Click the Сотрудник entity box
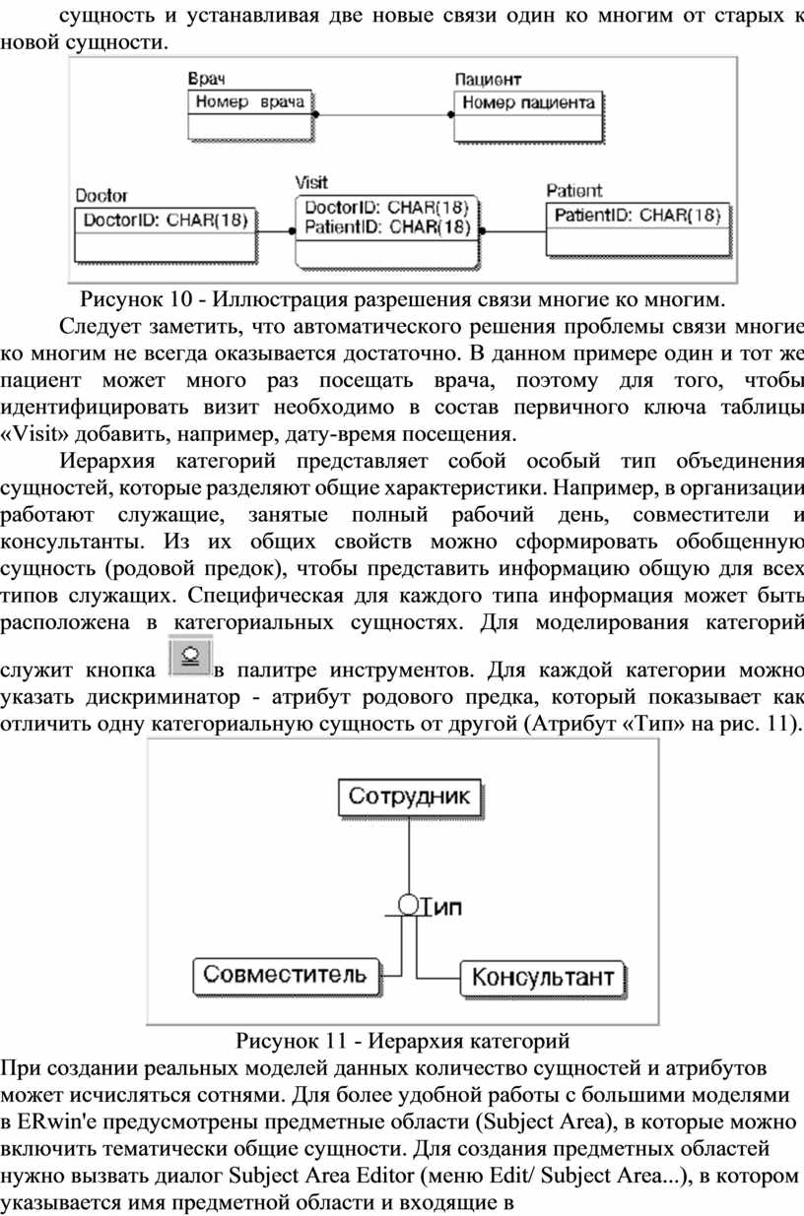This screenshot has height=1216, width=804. click(x=410, y=798)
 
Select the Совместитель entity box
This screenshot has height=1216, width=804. click(x=287, y=977)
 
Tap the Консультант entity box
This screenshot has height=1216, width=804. click(x=543, y=979)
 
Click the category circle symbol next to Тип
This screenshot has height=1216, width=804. click(x=408, y=905)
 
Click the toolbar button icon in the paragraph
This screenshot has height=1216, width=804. click(x=190, y=658)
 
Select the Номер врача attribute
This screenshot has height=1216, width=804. click(x=250, y=101)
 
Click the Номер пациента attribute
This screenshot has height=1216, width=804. click(x=528, y=102)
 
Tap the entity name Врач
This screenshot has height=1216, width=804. click(x=207, y=79)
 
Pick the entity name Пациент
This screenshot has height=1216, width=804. click(x=488, y=81)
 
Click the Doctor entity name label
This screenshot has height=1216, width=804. click(x=101, y=196)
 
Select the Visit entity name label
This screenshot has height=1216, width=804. click(x=311, y=182)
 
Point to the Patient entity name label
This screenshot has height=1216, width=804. click(x=574, y=191)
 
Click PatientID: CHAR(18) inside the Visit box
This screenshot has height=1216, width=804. click(x=387, y=226)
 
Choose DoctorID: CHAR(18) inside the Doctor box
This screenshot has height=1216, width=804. click(x=166, y=220)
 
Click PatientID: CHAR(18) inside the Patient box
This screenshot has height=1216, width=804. click(x=637, y=216)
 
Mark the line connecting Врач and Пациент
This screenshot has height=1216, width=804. click(x=383, y=114)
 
